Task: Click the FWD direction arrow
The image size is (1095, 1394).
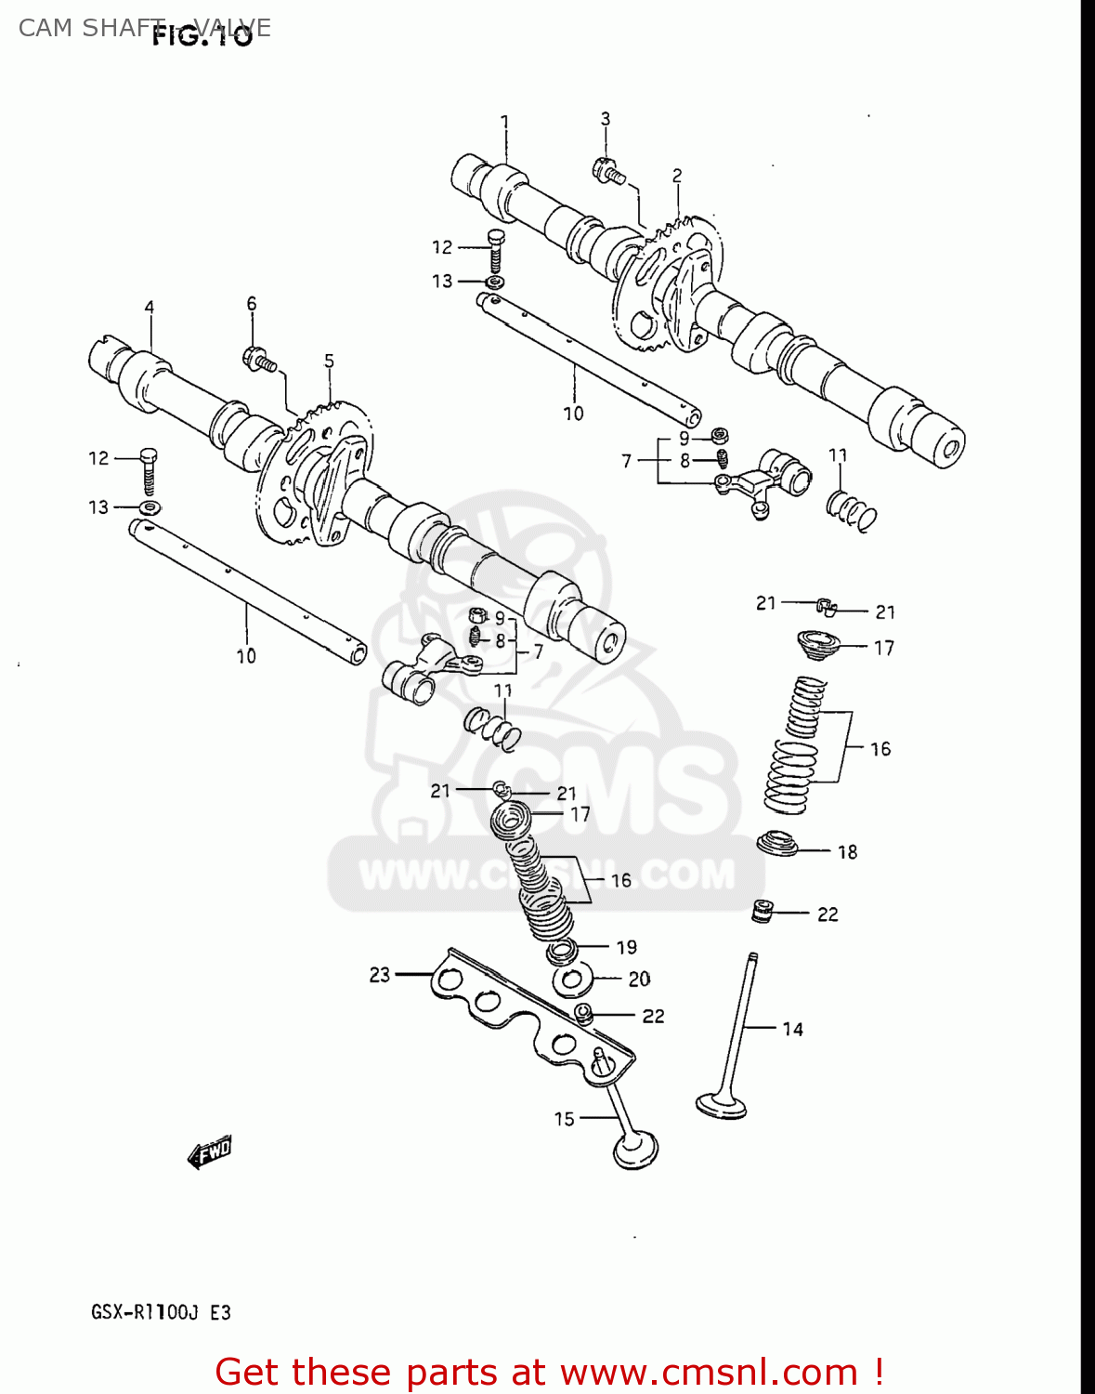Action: click(209, 1153)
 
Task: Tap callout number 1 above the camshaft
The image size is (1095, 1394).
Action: click(504, 122)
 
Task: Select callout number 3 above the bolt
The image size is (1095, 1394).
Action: click(606, 119)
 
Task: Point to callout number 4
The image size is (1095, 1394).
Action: click(149, 308)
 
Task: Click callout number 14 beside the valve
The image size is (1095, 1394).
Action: click(792, 1029)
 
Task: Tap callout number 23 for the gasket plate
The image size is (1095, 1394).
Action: click(379, 975)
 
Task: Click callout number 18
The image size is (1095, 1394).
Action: click(847, 851)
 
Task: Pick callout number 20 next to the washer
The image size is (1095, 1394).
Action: click(639, 979)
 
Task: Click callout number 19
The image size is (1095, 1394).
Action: click(627, 947)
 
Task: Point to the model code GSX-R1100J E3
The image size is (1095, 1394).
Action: click(161, 1312)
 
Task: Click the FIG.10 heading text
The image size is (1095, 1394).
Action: click(202, 37)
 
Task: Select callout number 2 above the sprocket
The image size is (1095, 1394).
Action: click(677, 176)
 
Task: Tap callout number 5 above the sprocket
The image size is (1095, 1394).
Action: click(329, 361)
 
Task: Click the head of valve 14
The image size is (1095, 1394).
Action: click(722, 1105)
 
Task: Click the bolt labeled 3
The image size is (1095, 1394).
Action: click(608, 171)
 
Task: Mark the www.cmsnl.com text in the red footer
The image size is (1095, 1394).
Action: click(709, 1372)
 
